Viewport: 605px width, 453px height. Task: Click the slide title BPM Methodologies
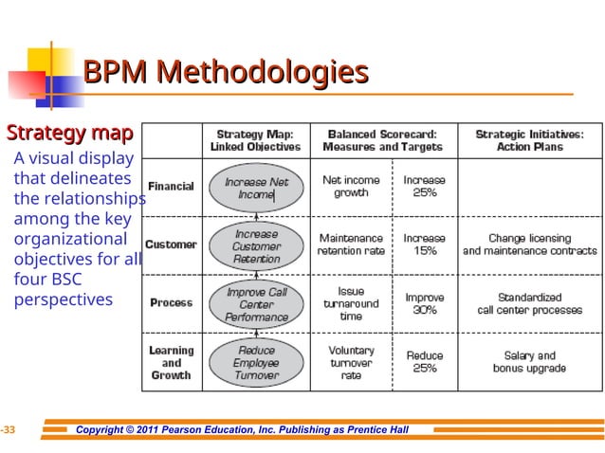(226, 72)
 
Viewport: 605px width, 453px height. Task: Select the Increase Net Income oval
(257, 188)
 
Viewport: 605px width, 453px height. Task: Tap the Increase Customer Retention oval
(257, 245)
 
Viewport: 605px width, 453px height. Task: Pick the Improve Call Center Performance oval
(257, 305)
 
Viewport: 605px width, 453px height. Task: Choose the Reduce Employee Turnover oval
(257, 363)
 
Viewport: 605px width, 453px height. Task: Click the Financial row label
(171, 187)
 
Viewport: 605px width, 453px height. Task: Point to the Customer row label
(171, 245)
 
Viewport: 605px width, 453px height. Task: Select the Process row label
(171, 303)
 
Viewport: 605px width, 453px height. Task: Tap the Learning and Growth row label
(171, 363)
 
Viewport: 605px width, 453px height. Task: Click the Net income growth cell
(351, 186)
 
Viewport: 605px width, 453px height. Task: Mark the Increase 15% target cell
(425, 245)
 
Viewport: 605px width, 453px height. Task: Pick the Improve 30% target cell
(425, 303)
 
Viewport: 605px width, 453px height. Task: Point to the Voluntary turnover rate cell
(351, 363)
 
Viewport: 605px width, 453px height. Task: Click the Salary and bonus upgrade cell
(529, 362)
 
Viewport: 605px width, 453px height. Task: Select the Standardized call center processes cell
(529, 303)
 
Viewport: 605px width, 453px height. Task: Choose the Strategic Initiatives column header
(529, 140)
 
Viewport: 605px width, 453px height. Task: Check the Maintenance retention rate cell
(351, 245)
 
